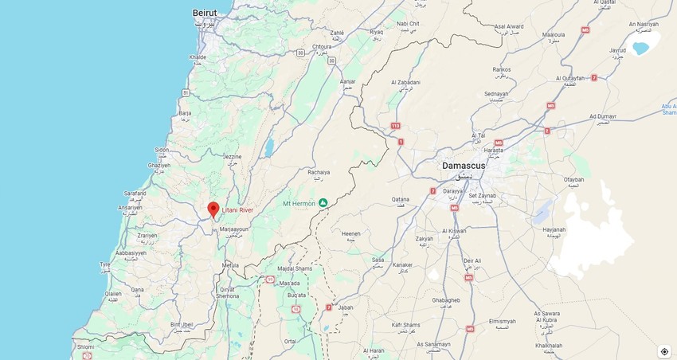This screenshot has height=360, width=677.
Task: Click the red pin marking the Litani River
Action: [213, 209]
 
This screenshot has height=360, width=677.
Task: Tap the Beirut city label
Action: [205, 13]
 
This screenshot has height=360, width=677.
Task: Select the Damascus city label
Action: [464, 165]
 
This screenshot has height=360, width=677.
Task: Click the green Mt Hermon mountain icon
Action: [323, 203]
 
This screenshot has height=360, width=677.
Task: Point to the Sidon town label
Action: [162, 150]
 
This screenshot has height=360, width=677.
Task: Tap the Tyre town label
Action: [104, 264]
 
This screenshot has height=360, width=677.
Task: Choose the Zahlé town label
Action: [336, 33]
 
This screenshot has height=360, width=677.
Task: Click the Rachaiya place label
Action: [319, 171]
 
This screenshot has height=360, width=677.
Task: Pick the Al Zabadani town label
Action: [405, 83]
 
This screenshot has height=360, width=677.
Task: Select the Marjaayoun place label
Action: [234, 229]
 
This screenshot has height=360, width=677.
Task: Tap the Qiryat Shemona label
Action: [228, 292]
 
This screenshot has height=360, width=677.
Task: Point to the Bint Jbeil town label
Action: [182, 325]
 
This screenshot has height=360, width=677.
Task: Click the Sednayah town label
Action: [496, 94]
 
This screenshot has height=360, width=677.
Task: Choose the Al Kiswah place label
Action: [452, 231]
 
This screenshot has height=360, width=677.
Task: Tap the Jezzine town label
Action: [232, 157]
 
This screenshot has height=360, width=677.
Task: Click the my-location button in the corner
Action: [664, 351]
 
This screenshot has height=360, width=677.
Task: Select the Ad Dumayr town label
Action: [603, 116]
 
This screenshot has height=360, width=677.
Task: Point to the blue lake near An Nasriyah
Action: [640, 48]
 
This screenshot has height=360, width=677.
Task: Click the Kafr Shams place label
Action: [405, 325]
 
